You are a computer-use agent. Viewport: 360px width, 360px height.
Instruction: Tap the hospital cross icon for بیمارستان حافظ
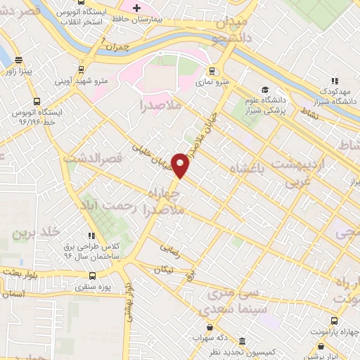point(137,7)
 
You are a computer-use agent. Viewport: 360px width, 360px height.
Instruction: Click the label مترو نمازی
point(211,83)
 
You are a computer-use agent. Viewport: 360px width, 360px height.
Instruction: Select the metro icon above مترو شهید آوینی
point(82,70)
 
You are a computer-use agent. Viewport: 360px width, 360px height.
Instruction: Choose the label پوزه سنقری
point(94,288)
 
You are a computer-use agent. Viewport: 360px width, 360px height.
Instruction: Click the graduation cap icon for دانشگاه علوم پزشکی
point(265,89)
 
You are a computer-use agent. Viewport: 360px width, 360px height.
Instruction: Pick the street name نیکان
point(163,270)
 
